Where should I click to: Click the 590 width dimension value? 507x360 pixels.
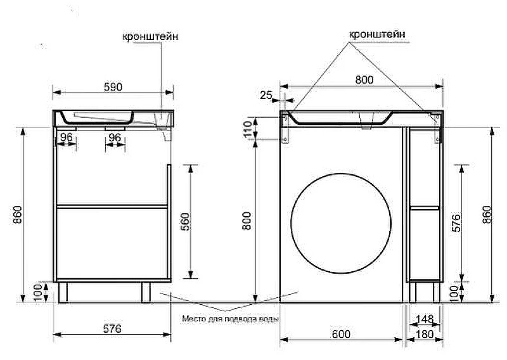tap(113, 87)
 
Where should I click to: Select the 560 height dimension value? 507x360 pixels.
tap(185, 222)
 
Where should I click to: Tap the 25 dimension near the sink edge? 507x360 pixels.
tap(266, 95)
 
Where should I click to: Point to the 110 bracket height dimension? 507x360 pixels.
tap(248, 129)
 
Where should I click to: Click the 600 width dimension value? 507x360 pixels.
tap(341, 334)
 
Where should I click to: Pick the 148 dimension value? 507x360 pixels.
tap(425, 319)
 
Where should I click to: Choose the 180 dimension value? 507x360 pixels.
tap(424, 334)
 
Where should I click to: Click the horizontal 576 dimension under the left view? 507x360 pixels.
tap(112, 328)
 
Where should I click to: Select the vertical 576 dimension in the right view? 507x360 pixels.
tap(456, 222)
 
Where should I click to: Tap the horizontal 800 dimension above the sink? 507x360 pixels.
tap(364, 80)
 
